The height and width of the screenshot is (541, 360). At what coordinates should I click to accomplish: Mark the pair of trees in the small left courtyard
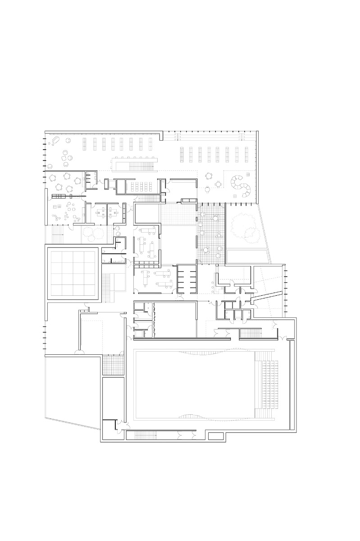tap(93, 234)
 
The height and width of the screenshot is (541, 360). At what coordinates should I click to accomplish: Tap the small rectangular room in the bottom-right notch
tap(216, 436)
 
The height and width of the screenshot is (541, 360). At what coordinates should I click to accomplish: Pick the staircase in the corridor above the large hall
tap(249, 334)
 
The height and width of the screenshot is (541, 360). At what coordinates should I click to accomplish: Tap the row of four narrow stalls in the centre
tap(187, 279)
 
